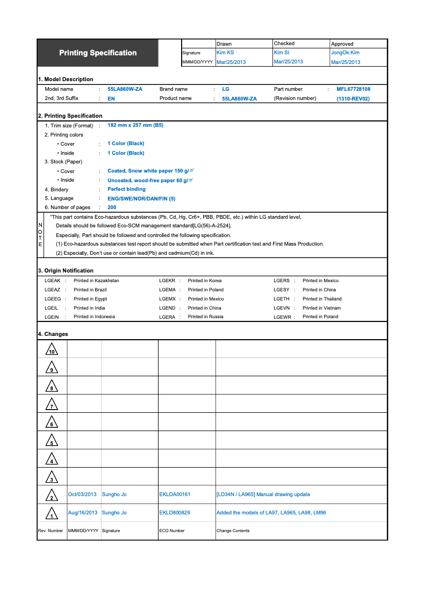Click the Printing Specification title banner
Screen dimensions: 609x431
coord(98,53)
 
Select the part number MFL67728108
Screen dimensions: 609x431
coord(353,89)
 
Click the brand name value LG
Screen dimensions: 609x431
coord(225,89)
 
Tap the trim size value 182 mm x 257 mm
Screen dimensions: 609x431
coord(135,125)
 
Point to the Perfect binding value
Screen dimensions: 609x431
coord(126,189)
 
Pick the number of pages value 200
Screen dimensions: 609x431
coord(112,207)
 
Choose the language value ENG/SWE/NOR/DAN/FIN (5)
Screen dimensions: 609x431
coord(141,198)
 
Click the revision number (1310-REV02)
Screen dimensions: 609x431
coord(353,99)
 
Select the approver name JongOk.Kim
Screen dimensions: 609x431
coord(345,53)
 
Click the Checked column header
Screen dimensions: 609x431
coord(284,44)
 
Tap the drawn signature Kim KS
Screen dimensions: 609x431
coord(225,53)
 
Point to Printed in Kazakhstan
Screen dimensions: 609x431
coord(96,281)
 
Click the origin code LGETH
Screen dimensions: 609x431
coord(282,299)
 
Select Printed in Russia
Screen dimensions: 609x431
coord(205,317)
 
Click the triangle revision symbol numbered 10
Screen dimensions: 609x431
coord(52,350)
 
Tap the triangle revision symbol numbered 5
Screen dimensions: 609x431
coord(52,441)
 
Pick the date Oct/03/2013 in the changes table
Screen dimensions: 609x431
coord(82,495)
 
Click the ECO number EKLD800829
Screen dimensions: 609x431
coord(174,513)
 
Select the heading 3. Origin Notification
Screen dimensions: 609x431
coord(66,270)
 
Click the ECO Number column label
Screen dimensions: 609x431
coord(172,531)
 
